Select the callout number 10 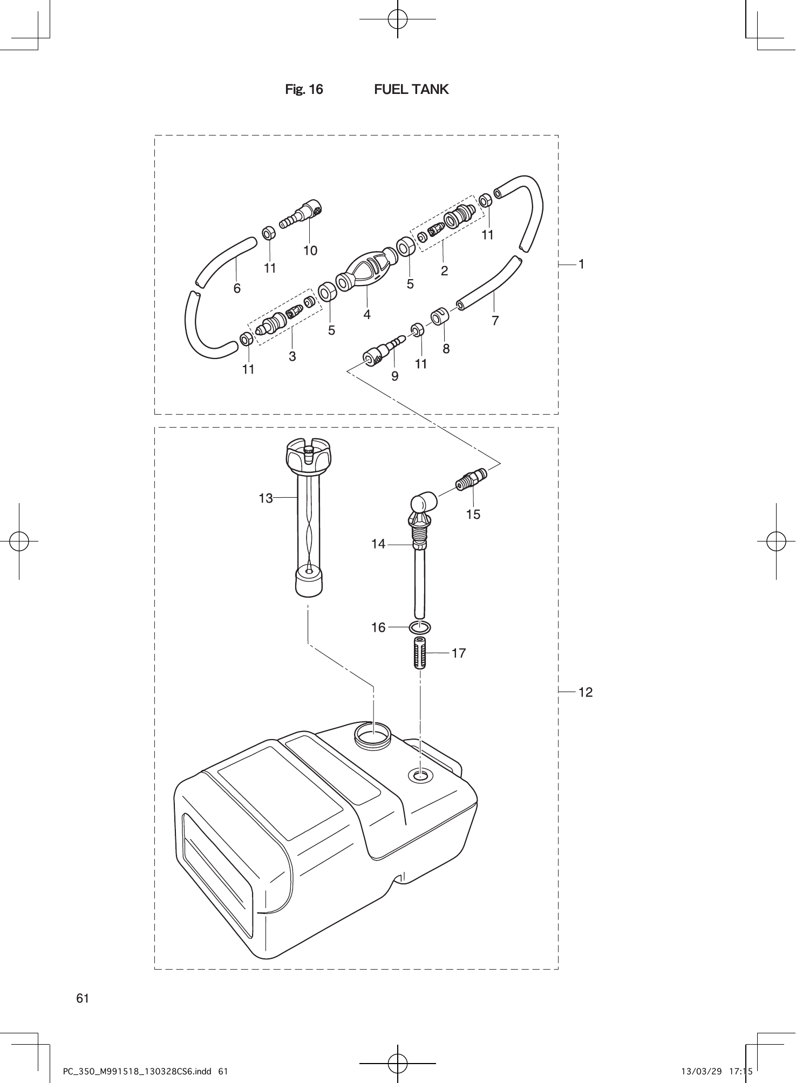pyautogui.click(x=310, y=251)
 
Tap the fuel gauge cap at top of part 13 pyautogui.click(x=307, y=455)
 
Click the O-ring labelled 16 pyautogui.click(x=420, y=627)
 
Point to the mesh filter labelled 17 pyautogui.click(x=420, y=653)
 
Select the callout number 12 pyautogui.click(x=586, y=692)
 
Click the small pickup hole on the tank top pyautogui.click(x=420, y=776)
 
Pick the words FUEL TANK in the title pyautogui.click(x=411, y=90)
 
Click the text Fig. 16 pyautogui.click(x=304, y=90)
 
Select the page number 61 pyautogui.click(x=83, y=998)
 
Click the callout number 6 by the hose pyautogui.click(x=237, y=288)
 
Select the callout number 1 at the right pyautogui.click(x=582, y=264)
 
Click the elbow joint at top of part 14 pyautogui.click(x=424, y=502)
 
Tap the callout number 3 pyautogui.click(x=292, y=356)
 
